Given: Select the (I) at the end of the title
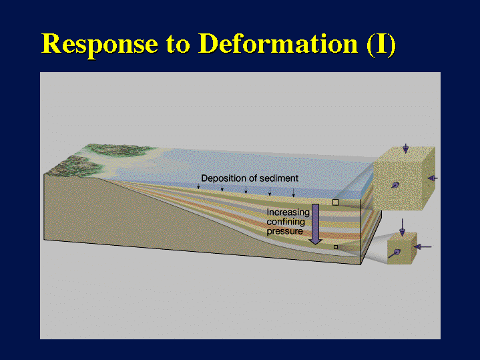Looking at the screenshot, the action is pyautogui.click(x=381, y=45).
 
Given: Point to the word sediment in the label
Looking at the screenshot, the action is pyautogui.click(x=280, y=178).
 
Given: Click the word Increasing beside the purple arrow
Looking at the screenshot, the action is pyautogui.click(x=288, y=212).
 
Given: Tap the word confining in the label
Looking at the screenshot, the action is pyautogui.click(x=286, y=222).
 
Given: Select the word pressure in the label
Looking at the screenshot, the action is pyautogui.click(x=284, y=231).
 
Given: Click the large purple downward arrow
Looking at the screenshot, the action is pyautogui.click(x=315, y=224).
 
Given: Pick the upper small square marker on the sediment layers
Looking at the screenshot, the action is pyautogui.click(x=336, y=202).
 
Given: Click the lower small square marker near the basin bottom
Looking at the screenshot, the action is pyautogui.click(x=336, y=247).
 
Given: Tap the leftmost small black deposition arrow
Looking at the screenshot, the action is pyautogui.click(x=198, y=186).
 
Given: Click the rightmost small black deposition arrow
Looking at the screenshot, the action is pyautogui.click(x=293, y=193).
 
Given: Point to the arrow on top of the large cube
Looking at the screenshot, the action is pyautogui.click(x=406, y=148).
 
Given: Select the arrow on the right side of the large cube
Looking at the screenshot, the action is pyautogui.click(x=433, y=178).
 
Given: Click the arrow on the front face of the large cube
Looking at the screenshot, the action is pyautogui.click(x=395, y=185).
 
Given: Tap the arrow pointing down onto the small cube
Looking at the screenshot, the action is pyautogui.click(x=403, y=227).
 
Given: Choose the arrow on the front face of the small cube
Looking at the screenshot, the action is pyautogui.click(x=395, y=253).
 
